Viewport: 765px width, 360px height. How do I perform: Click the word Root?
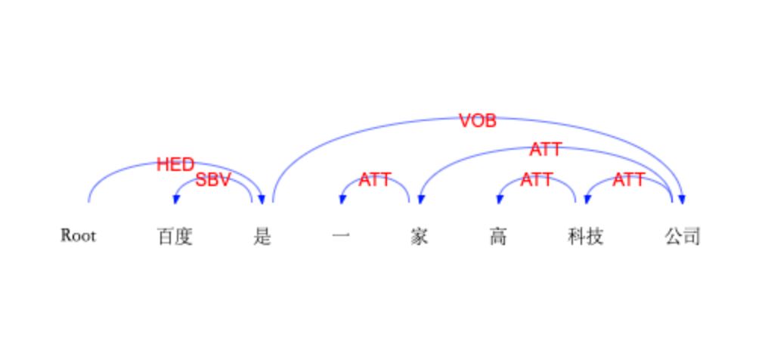tap(78, 236)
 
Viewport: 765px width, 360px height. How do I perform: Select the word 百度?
tap(175, 237)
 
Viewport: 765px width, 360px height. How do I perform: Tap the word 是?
tap(262, 237)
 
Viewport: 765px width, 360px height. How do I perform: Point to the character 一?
tap(341, 237)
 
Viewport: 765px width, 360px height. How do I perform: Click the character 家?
tap(419, 237)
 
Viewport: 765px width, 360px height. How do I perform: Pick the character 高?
tap(497, 237)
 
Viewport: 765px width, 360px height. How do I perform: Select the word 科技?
tap(585, 237)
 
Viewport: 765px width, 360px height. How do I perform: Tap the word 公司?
tap(682, 237)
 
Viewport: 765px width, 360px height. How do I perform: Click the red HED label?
tap(175, 165)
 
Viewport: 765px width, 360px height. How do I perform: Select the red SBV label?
tap(212, 180)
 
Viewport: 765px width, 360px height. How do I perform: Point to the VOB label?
tap(478, 120)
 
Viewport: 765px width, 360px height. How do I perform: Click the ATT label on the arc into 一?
tap(375, 180)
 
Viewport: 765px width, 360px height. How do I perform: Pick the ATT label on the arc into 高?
tap(536, 180)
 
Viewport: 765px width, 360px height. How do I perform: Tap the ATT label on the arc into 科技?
tap(628, 180)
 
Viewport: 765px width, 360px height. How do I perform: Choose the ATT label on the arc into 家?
tap(546, 149)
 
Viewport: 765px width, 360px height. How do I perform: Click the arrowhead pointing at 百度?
tap(176, 199)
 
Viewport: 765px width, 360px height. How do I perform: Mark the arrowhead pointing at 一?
tap(342, 199)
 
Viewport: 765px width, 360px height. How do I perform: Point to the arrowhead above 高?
tap(499, 199)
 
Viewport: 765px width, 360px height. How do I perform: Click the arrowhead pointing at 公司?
tap(682, 199)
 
